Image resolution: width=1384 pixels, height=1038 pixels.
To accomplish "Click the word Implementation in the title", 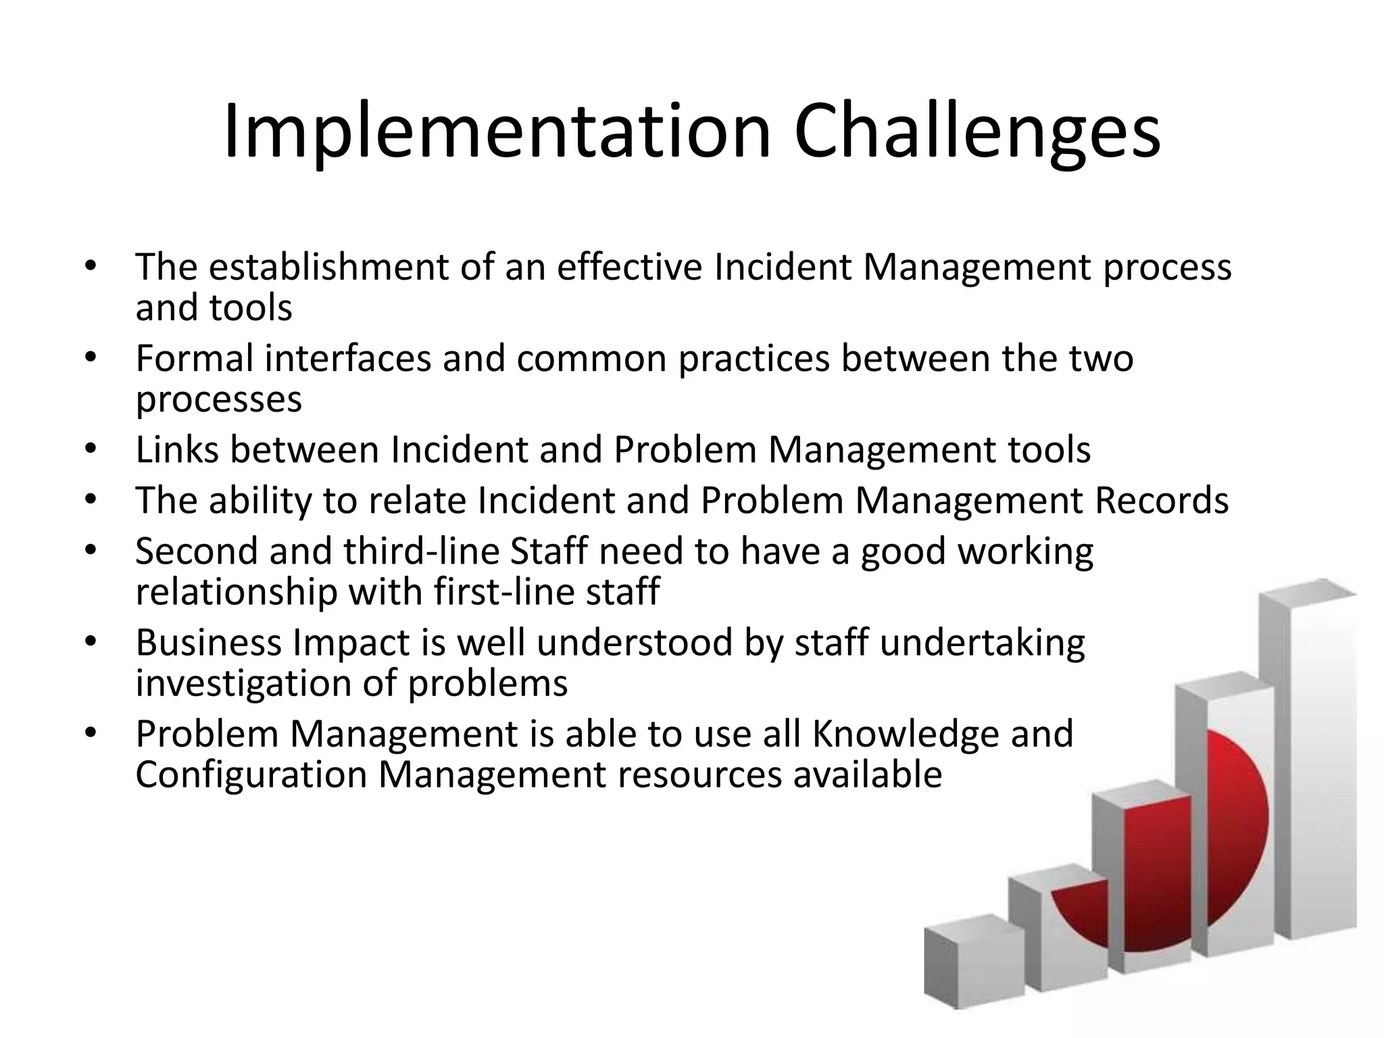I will tap(497, 132).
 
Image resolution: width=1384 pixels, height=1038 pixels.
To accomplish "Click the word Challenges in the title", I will tap(977, 132).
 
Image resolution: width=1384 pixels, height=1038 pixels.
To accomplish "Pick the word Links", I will tap(176, 449).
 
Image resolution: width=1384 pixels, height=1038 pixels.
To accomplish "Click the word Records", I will tap(1161, 500).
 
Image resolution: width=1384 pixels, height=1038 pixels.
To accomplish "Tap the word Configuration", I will tap(250, 774).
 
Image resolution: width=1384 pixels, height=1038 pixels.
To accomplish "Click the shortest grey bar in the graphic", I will tap(973, 966).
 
